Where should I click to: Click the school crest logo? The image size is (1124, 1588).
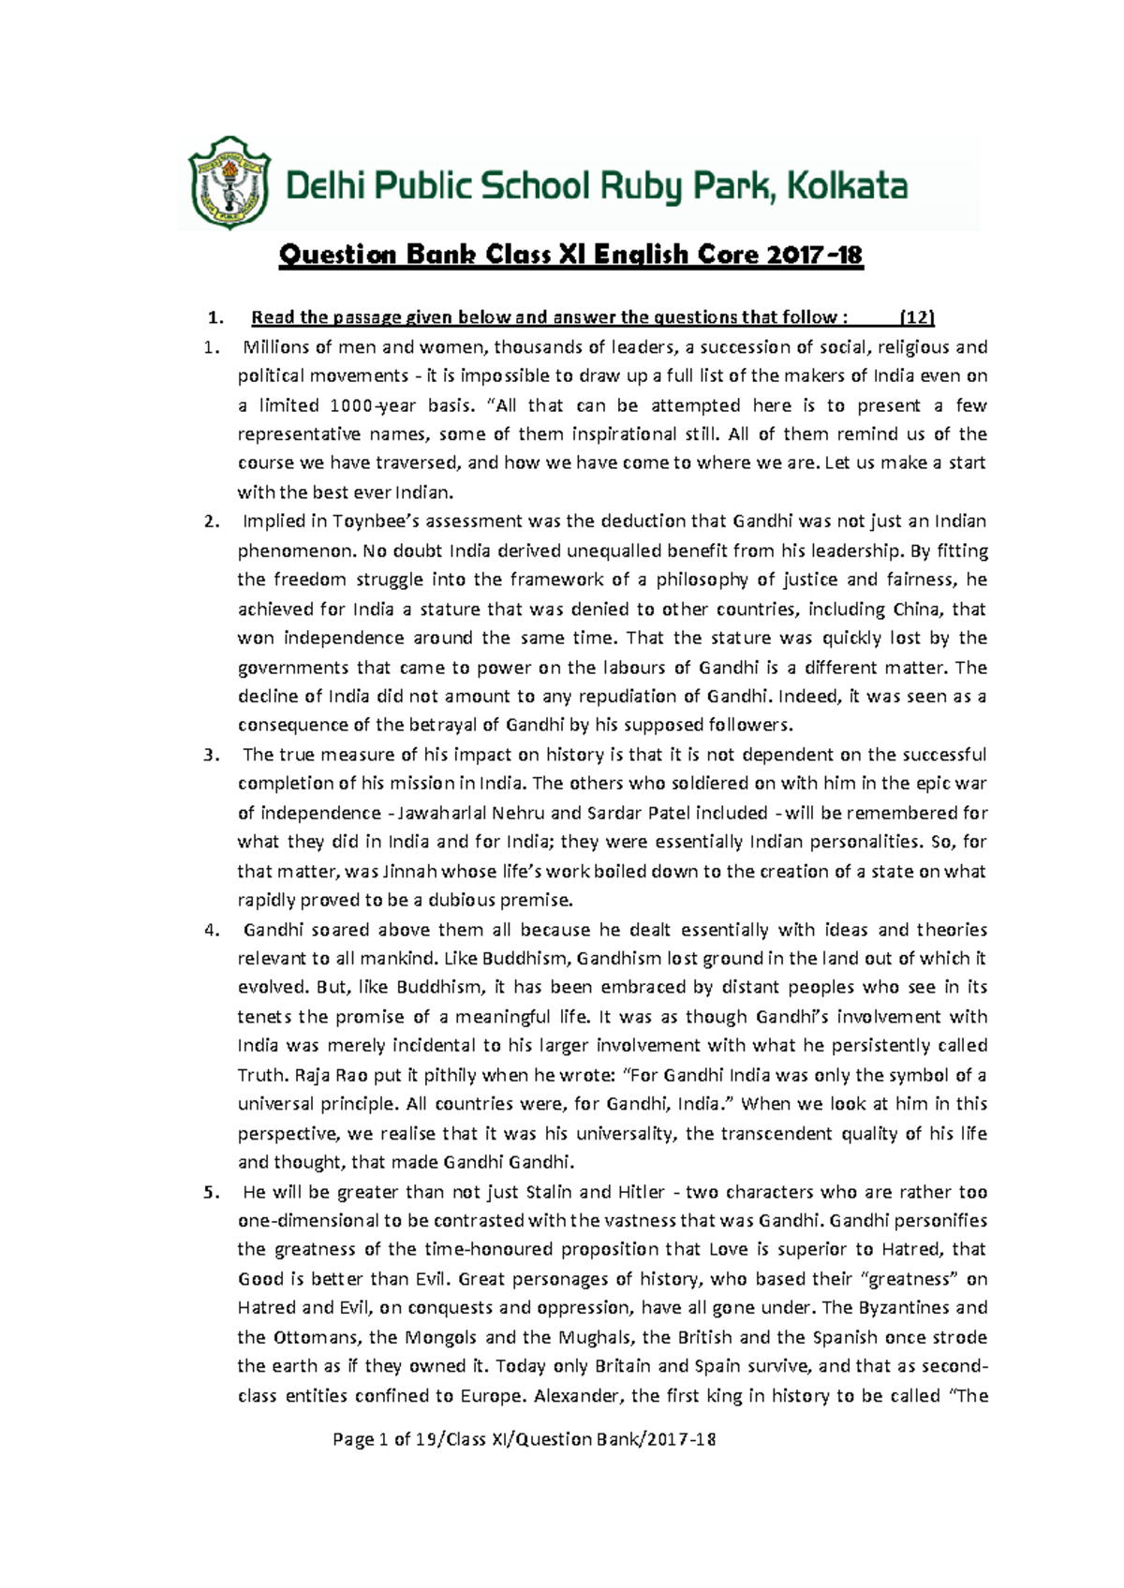click(x=229, y=183)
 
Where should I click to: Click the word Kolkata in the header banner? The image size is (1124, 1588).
click(x=846, y=185)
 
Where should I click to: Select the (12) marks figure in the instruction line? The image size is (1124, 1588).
click(x=916, y=317)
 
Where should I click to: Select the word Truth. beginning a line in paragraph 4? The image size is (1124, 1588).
click(x=262, y=1075)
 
